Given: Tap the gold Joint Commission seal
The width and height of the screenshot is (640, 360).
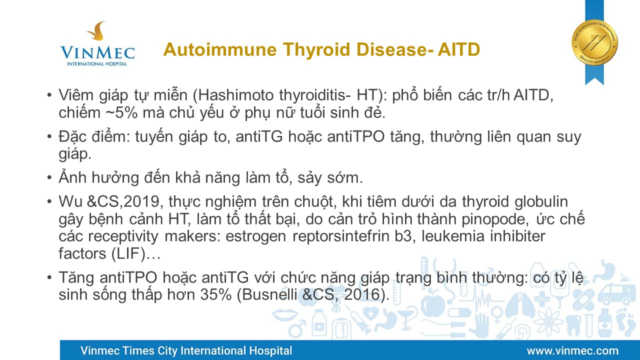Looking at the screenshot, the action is click(594, 42).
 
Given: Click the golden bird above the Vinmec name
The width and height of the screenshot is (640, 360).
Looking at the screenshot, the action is click(97, 30).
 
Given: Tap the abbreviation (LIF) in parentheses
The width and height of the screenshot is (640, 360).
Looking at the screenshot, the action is click(128, 253).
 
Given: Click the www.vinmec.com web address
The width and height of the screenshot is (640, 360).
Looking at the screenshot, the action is click(572, 350).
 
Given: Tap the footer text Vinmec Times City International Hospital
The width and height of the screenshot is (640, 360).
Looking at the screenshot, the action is click(186, 350).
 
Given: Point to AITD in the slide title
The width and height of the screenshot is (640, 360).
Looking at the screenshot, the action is click(459, 49).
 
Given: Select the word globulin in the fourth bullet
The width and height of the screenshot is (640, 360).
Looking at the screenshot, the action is click(541, 201).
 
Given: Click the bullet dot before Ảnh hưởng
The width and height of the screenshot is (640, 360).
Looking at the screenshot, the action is click(49, 177).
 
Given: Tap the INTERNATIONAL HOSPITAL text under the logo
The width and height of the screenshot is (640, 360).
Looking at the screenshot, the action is click(97, 63).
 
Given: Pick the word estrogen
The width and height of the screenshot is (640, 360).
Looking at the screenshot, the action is click(255, 237).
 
